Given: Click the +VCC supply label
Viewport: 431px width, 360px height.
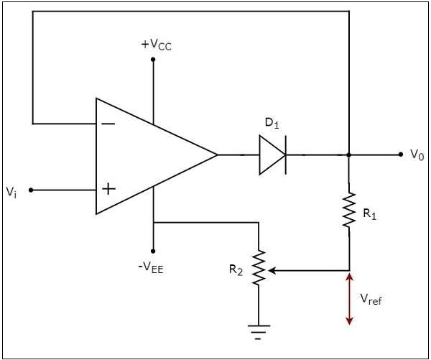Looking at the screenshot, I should click(x=157, y=45).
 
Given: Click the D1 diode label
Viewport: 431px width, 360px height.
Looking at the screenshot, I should click(x=272, y=123).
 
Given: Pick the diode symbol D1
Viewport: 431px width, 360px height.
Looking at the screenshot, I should click(x=273, y=154).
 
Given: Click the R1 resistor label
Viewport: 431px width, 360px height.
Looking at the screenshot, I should click(x=369, y=213).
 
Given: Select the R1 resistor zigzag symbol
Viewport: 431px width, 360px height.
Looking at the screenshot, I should click(x=349, y=210).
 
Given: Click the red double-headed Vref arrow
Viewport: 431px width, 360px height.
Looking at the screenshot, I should click(x=349, y=298).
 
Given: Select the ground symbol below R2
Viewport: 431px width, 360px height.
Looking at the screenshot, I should click(x=258, y=331).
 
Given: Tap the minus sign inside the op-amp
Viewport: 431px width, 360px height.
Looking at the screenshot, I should click(x=108, y=123).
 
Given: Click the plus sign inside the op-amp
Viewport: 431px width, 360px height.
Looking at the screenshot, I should click(x=108, y=190).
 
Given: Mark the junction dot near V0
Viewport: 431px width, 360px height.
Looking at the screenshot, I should click(x=349, y=154).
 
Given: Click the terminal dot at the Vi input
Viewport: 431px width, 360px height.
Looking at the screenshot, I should click(x=32, y=190).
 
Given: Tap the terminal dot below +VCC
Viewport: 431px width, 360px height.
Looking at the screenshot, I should click(x=153, y=59).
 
